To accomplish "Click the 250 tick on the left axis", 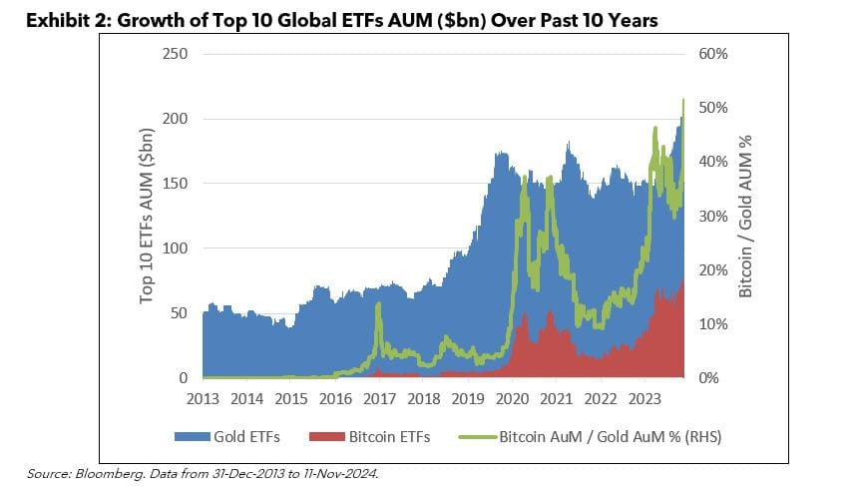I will [x=176, y=53].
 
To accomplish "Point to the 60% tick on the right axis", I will [x=714, y=53].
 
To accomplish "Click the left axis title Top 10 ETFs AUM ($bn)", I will [x=148, y=215].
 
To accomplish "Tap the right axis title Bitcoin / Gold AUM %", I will [x=744, y=215].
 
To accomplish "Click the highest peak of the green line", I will [x=683, y=100].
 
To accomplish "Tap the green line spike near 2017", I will [x=378, y=304].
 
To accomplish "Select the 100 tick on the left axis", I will [x=176, y=248].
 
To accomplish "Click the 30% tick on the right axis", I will [x=714, y=216].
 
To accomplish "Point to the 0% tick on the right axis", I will [x=710, y=378].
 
